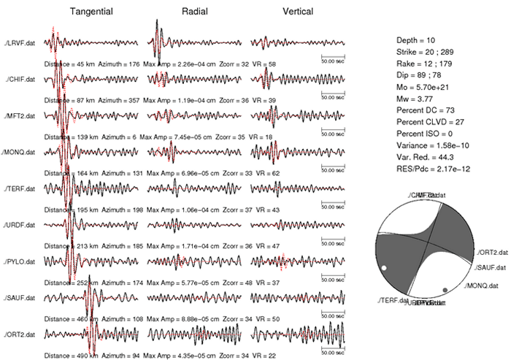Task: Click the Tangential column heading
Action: [x=91, y=11]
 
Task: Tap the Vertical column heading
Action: [x=297, y=11]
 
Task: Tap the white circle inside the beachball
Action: [x=384, y=272]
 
